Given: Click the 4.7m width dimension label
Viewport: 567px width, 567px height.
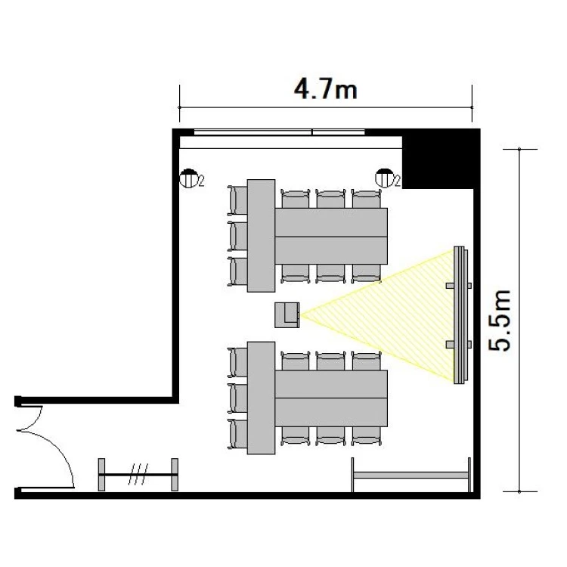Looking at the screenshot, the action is [325, 89].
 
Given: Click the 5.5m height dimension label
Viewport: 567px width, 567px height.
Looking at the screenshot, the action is [500, 321].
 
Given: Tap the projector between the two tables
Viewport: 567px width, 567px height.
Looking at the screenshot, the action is [287, 315].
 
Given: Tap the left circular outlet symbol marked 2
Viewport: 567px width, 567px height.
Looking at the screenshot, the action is [188, 178].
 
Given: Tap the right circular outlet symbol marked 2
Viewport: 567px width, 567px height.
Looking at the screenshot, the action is [384, 178].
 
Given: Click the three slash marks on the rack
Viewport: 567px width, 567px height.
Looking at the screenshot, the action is [138, 474].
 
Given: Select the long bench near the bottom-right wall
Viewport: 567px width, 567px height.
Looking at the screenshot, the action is [411, 475].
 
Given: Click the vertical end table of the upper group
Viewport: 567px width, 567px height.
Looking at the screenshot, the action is [261, 235].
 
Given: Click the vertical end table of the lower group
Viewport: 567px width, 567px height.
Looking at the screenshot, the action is [261, 398].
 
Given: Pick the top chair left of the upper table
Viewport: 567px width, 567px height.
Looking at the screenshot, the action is [237, 200].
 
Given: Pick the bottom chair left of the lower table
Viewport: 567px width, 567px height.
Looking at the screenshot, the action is [237, 434].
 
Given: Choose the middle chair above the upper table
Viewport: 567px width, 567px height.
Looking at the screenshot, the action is [331, 199].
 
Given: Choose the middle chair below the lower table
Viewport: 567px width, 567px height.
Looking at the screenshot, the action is [331, 436].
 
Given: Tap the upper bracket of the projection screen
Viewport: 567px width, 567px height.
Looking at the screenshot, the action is [459, 286].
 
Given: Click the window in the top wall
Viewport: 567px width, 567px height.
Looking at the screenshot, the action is [279, 132].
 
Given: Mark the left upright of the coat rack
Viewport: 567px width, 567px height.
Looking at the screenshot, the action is [101, 475].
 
